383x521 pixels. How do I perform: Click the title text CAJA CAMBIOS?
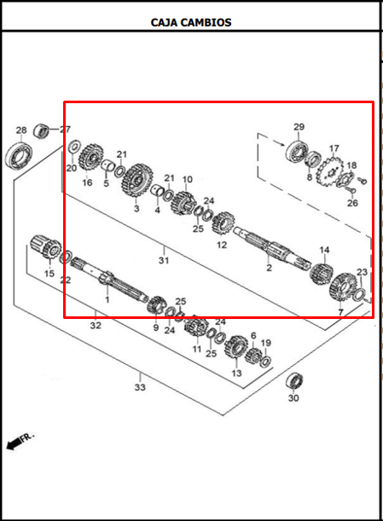(191, 22)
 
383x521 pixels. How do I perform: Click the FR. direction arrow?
(14, 443)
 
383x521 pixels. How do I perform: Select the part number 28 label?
(21, 130)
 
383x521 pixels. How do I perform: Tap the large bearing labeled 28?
(19, 154)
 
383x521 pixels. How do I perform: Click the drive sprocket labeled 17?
(329, 172)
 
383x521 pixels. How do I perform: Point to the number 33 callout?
(140, 387)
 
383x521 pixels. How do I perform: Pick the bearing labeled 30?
(294, 381)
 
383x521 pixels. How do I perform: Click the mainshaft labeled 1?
(108, 281)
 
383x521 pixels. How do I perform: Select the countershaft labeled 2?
(271, 248)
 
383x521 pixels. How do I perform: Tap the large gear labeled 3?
(136, 182)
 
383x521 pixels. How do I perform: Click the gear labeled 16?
(90, 158)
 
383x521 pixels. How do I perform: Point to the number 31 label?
(164, 260)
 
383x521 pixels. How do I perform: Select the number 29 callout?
(299, 126)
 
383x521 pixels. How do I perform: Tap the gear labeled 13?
(236, 347)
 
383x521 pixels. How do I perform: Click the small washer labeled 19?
(265, 361)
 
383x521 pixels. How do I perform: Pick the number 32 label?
(96, 325)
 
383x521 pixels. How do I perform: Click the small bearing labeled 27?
(41, 130)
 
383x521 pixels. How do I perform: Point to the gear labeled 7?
(343, 287)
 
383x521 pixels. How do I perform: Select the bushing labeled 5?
(108, 165)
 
